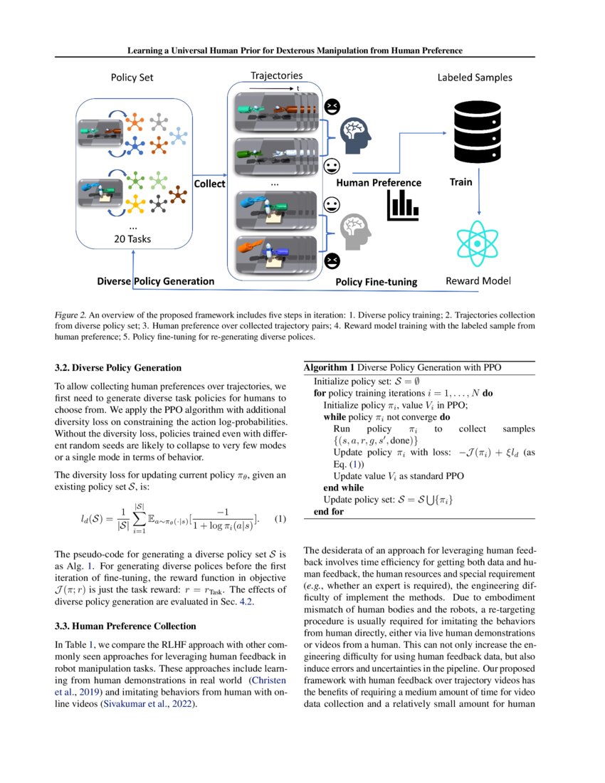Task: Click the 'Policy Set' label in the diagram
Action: [x=132, y=77]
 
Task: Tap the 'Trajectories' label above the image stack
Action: [x=276, y=75]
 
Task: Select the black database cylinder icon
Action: [x=475, y=130]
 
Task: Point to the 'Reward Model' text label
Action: [x=478, y=280]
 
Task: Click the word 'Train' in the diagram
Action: [x=461, y=182]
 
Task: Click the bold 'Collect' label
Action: [x=210, y=184]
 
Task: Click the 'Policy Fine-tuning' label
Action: [x=376, y=282]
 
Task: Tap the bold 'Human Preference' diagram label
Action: [x=379, y=183]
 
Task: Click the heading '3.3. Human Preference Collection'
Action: [x=125, y=626]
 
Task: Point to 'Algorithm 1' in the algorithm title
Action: [x=329, y=367]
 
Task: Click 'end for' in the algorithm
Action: [x=329, y=511]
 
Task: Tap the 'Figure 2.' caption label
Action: [x=70, y=314]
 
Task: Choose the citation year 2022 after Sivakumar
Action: [x=181, y=703]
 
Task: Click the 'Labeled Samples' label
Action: [x=474, y=77]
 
